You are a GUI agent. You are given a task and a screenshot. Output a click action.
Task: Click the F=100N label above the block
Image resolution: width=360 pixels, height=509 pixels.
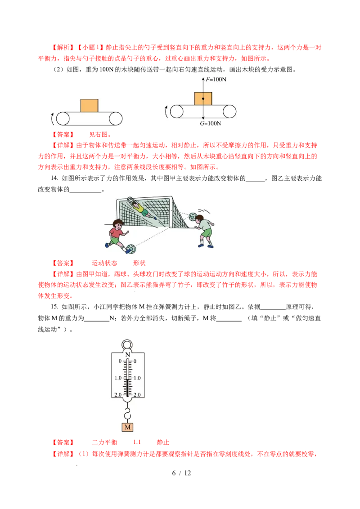216,79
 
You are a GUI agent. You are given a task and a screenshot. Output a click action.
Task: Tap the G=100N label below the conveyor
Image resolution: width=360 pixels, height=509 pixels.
210,123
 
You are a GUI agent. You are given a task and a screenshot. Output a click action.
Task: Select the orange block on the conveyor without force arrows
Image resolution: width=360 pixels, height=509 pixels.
90,106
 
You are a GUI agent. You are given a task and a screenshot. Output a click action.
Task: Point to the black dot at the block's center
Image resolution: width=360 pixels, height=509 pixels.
203,98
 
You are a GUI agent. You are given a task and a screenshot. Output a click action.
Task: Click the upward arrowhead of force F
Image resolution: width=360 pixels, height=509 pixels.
203,79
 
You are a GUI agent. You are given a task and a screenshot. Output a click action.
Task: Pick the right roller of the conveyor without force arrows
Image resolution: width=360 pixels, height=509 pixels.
115,119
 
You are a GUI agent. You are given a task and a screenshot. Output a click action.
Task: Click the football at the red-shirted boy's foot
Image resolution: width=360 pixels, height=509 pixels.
131,249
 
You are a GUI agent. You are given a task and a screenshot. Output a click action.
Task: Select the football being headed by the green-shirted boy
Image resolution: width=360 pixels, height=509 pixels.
193,217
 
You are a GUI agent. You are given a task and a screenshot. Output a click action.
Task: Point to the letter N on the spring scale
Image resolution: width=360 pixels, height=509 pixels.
128,354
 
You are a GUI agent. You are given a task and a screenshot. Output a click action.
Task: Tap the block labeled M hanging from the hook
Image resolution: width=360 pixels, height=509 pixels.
128,427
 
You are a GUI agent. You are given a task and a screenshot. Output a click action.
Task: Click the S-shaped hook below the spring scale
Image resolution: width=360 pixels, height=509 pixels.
128,414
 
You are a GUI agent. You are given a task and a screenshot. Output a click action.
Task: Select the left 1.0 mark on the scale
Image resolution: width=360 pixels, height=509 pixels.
118,378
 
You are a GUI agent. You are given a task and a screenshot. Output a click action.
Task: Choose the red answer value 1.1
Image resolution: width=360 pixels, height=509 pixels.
137,442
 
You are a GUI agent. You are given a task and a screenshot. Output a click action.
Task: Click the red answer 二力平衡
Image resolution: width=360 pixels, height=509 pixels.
104,442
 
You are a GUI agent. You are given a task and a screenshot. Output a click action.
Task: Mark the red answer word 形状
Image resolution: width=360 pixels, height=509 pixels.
139,263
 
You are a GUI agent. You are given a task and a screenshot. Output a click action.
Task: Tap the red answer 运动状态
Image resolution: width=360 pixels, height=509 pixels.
104,263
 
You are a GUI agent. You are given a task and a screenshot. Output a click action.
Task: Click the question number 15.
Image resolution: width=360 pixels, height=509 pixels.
54,307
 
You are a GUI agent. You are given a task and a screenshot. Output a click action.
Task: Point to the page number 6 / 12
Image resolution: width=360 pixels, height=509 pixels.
181,473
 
